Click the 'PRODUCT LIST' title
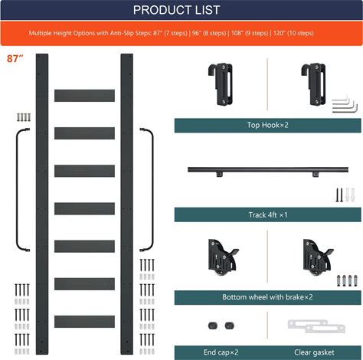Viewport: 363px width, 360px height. click(176, 10)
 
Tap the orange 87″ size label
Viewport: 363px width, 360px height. click(15, 59)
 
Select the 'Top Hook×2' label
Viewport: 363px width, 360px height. click(267, 125)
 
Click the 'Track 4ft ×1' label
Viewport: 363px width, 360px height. click(268, 214)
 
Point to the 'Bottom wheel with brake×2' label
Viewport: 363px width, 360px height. click(267, 297)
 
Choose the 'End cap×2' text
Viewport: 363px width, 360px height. click(221, 352)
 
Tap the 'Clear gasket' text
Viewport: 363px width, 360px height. click(314, 352)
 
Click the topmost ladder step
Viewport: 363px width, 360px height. click(84, 96)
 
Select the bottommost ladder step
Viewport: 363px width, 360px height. click(84, 322)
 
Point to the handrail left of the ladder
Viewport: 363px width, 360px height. click(17, 189)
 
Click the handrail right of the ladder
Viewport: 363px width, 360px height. click(152, 189)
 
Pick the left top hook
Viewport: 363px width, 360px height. click(221, 84)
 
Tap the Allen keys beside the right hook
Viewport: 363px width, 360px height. click(345, 104)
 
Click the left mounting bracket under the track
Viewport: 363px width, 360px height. click(220, 175)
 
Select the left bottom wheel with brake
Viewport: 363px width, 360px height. click(223, 257)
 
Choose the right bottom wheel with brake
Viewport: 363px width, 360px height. click(318, 257)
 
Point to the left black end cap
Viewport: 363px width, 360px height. click(213, 326)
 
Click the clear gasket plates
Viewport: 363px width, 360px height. click(316, 326)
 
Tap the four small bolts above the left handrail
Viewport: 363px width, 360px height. click(24, 117)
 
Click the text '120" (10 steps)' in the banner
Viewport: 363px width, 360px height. click(293, 33)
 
